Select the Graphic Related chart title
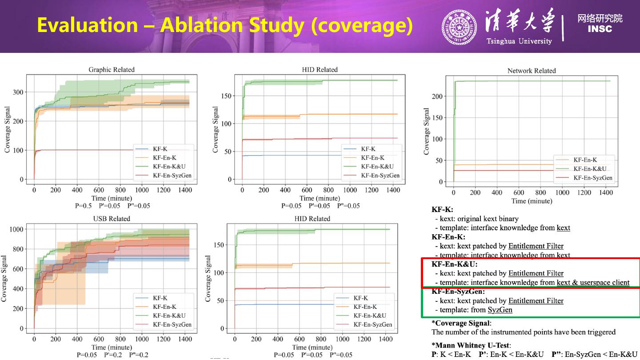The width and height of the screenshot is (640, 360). [x=112, y=69]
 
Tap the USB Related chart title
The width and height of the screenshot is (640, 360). [x=112, y=219]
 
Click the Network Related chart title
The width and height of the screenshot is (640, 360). [x=532, y=71]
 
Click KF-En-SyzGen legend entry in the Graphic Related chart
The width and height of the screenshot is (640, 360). [x=172, y=176]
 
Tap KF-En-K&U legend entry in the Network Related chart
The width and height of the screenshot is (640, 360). [x=590, y=169]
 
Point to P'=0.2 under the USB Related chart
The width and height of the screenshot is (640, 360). [x=113, y=355]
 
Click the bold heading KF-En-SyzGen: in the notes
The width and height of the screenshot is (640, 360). [x=458, y=292]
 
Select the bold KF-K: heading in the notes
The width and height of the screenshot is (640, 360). [x=442, y=209]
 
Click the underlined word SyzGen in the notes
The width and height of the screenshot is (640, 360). [x=500, y=310]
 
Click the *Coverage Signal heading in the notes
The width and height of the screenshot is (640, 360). [x=461, y=323]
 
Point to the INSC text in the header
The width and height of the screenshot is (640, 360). [x=600, y=29]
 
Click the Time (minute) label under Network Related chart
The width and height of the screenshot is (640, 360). [x=532, y=201]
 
